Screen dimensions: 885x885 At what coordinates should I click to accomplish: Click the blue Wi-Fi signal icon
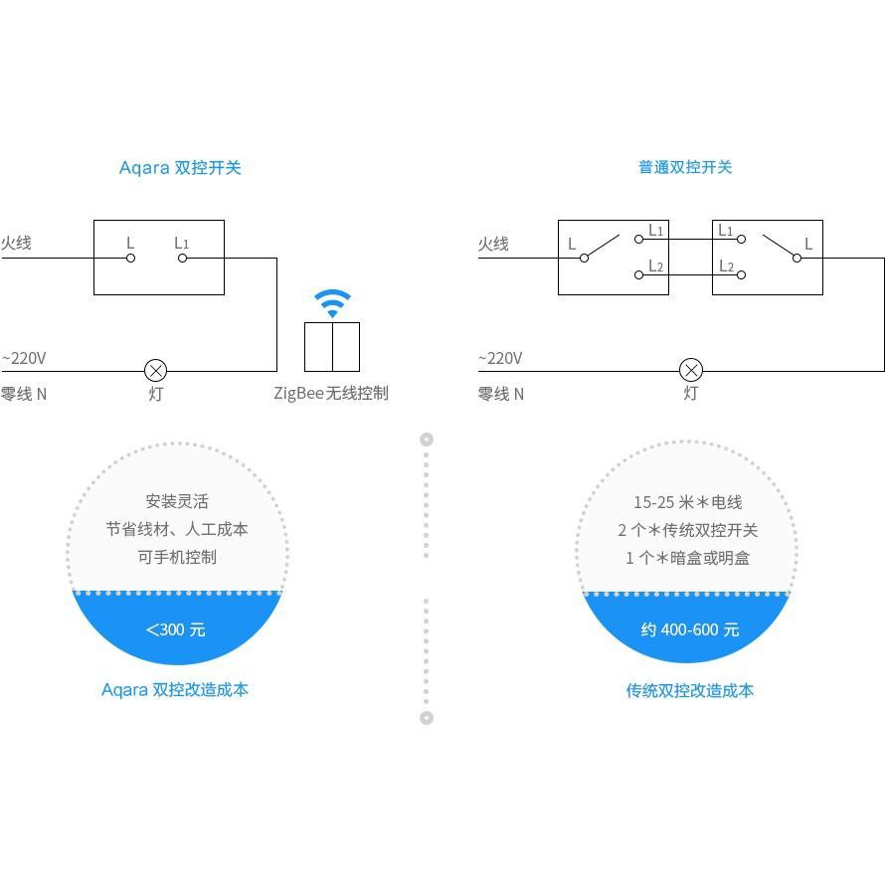tap(332, 303)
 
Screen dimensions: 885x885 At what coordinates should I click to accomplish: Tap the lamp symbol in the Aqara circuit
tap(156, 371)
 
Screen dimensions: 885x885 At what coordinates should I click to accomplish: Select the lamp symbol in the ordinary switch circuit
tap(691, 371)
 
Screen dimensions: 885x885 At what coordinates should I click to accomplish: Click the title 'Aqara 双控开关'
tap(180, 168)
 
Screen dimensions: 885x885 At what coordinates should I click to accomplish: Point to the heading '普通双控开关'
tap(685, 167)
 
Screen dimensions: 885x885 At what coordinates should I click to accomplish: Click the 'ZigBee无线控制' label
tap(331, 393)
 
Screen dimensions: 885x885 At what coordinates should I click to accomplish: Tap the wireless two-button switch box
tap(332, 347)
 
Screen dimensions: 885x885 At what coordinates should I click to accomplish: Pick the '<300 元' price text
tap(176, 629)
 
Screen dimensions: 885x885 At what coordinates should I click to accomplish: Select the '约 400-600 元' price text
tap(690, 629)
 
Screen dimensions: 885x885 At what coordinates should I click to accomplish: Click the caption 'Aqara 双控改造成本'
tap(175, 690)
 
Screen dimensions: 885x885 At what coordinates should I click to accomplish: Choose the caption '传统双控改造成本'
tap(690, 690)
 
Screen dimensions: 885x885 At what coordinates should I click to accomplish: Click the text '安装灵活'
tap(177, 501)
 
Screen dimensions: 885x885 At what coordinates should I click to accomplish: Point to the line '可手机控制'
tap(177, 557)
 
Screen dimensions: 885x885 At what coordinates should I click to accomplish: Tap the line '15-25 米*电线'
tap(688, 502)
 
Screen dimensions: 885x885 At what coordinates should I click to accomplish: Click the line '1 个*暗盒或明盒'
tap(687, 558)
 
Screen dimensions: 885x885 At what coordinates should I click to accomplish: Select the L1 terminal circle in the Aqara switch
tap(182, 258)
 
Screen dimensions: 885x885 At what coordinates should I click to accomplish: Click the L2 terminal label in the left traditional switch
tap(656, 265)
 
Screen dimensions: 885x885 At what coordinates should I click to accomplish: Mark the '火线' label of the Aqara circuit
tap(16, 243)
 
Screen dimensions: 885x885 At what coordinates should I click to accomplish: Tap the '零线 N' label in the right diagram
tap(500, 394)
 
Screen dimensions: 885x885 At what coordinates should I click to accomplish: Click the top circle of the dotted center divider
tap(427, 440)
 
